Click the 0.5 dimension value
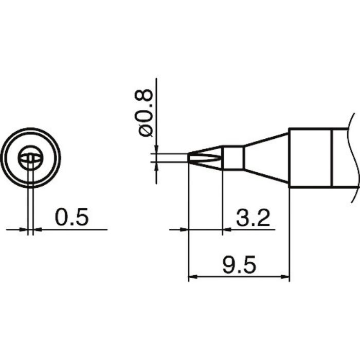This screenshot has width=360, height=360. coord(71,217)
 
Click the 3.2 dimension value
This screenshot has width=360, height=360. coord(253,218)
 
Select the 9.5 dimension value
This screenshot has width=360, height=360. coord(239,265)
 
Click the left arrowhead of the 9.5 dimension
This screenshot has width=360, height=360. coord(192,277)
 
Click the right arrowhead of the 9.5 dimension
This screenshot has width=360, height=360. coord(285,277)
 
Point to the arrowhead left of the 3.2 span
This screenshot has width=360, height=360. coord(184,229)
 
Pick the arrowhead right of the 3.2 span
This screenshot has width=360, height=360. coord(227,229)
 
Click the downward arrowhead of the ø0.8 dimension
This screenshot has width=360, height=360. coord(156,149)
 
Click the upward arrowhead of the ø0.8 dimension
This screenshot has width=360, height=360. coord(156,167)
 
